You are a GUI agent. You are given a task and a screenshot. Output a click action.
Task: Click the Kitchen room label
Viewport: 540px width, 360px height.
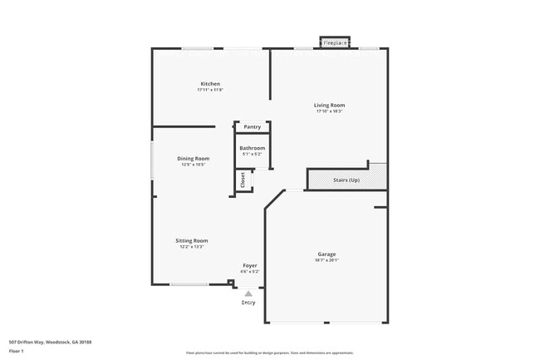210,83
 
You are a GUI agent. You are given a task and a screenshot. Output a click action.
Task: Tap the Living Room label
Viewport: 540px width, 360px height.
329,106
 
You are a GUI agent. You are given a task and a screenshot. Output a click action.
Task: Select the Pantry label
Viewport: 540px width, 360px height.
252,127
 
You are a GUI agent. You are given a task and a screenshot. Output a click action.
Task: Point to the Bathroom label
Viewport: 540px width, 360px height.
253,148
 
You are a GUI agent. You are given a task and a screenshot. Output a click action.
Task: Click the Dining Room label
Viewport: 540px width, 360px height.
193,158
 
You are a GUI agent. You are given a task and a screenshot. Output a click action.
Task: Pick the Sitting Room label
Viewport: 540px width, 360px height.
191,240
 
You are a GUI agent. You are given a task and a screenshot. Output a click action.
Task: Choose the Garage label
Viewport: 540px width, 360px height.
326,254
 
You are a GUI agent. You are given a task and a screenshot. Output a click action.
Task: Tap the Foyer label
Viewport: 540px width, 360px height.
249,265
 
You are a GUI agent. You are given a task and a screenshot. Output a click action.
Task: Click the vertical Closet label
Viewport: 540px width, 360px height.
243,180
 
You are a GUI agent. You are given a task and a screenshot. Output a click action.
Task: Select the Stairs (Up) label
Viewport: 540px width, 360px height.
346,180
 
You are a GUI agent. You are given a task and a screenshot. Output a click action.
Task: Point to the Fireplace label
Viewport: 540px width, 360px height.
335,42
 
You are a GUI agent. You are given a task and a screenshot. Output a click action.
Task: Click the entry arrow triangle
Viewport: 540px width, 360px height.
248,293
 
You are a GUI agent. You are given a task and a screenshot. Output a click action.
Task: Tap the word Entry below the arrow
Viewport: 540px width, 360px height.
248,303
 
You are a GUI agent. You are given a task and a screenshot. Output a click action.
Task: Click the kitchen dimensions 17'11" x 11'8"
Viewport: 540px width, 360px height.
210,90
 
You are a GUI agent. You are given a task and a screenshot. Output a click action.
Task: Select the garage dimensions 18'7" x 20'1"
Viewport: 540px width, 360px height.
326,260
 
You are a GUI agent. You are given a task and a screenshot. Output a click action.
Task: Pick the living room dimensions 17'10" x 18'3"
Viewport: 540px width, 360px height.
329,112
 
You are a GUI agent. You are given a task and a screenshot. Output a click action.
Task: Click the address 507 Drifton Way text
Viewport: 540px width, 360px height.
50,342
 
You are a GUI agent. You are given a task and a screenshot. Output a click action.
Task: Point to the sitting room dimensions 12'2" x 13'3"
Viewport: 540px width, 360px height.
191,247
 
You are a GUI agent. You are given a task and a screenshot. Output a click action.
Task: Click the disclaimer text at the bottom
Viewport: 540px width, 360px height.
270,353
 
